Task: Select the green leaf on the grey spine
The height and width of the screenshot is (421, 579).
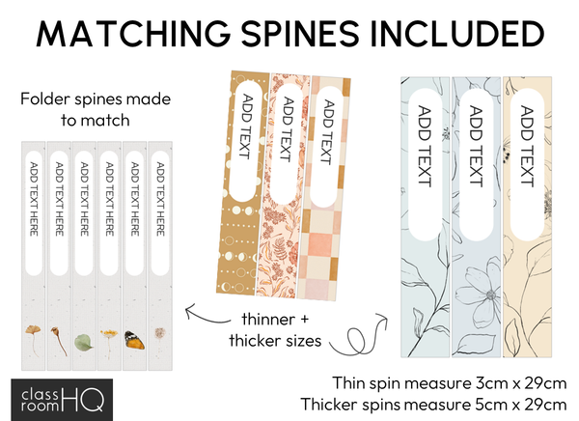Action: coord(84,340)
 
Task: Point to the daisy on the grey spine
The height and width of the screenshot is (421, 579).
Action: coord(109,337)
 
